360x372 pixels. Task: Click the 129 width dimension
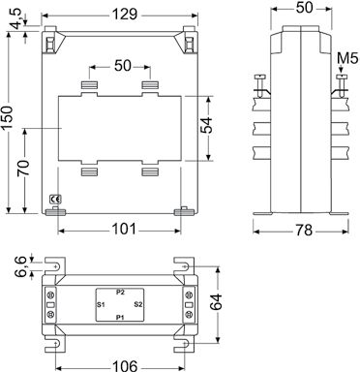coord(125,15)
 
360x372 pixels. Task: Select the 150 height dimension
coord(8,117)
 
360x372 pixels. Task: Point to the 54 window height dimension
coord(206,125)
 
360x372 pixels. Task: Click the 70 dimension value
coord(24,168)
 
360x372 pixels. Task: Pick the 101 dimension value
coord(124,230)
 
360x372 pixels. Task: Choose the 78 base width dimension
coord(304,231)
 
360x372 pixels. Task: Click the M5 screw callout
coord(347,59)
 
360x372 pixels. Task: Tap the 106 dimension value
coord(125,366)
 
